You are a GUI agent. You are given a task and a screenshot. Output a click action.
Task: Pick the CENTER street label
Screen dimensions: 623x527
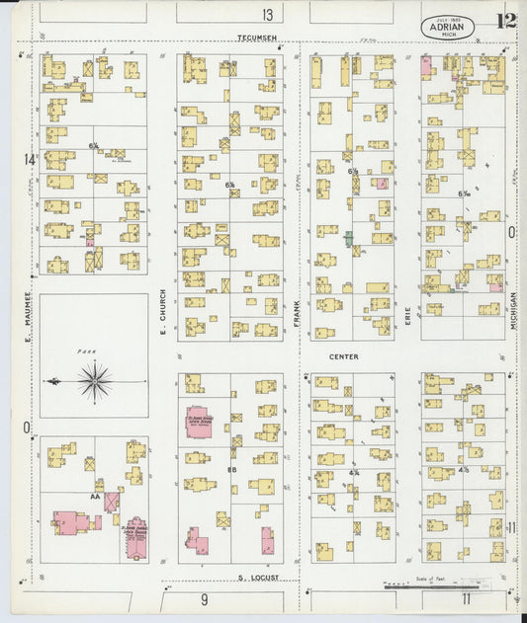344,356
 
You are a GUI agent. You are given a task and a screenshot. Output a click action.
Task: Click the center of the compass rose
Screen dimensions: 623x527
95,381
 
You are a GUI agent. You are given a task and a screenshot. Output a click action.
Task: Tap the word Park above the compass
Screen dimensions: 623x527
85,350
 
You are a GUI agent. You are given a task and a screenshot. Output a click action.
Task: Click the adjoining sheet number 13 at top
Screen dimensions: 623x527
268,14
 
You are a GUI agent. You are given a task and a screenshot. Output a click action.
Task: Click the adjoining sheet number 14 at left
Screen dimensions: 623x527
30,159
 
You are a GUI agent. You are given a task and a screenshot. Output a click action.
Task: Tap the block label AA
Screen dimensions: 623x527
97,497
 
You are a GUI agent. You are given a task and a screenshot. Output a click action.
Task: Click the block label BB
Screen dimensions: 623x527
231,469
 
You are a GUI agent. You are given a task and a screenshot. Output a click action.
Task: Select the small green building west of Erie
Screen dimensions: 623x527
348,239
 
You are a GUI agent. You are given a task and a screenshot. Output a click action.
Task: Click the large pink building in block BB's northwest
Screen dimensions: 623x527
199,422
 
